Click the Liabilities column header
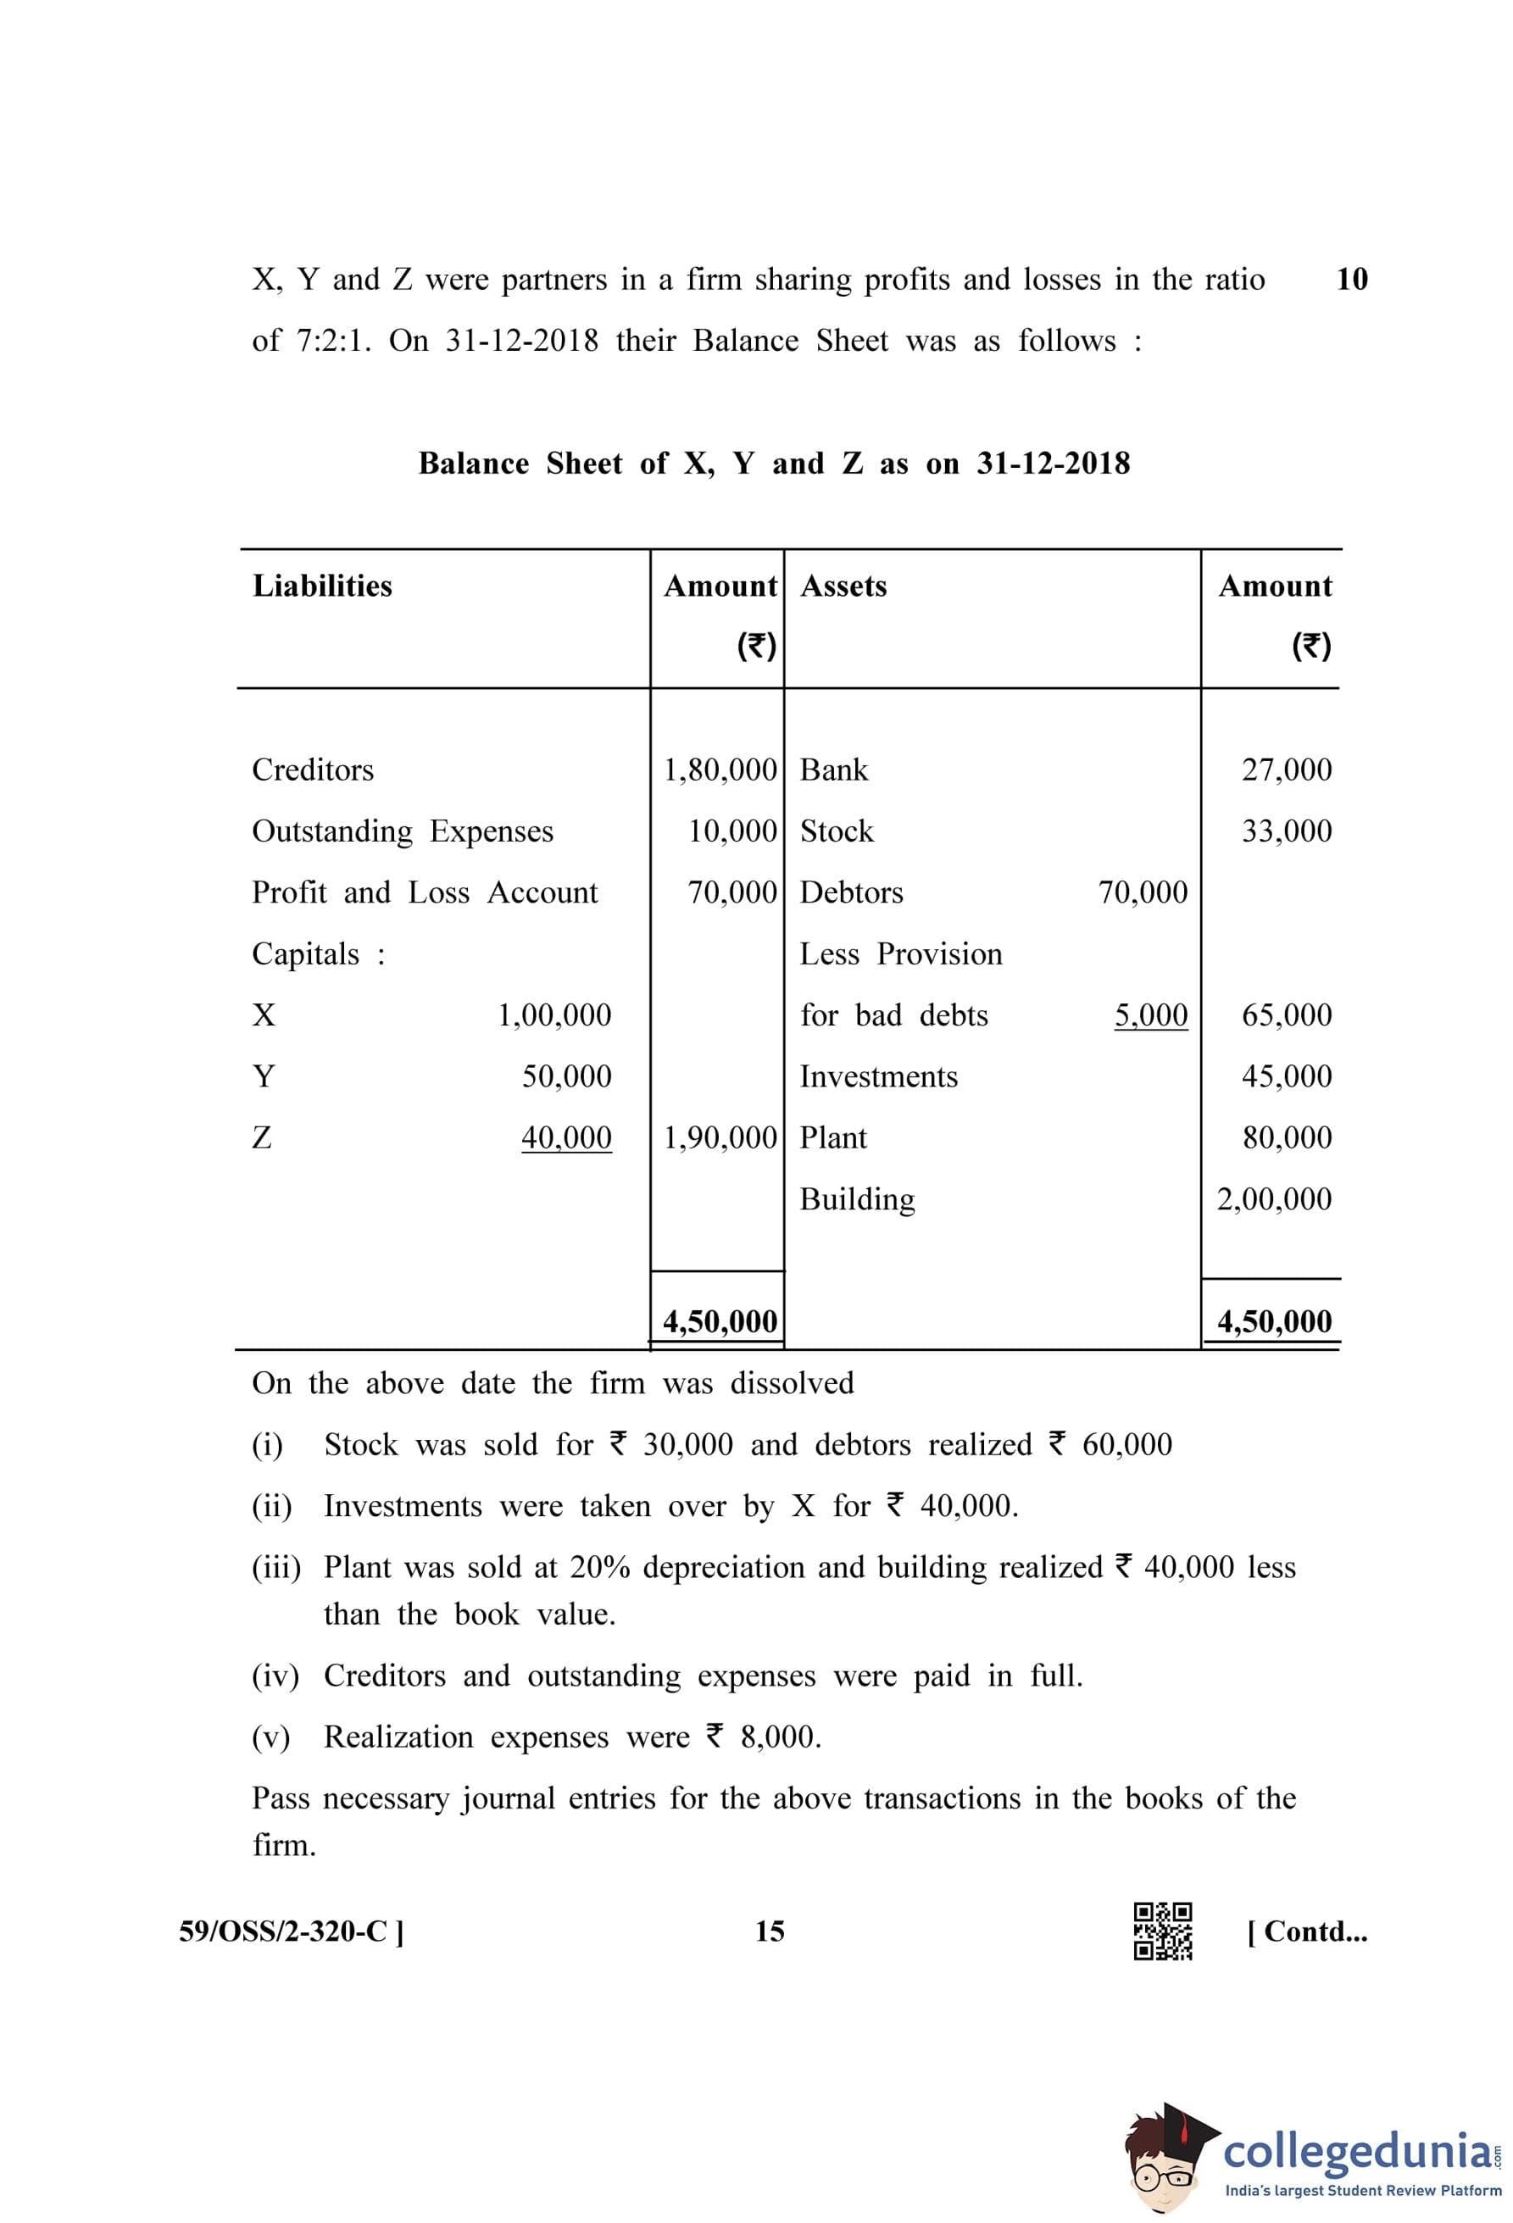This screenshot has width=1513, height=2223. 322,586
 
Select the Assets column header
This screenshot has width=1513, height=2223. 843,586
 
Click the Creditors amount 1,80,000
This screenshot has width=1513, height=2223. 720,770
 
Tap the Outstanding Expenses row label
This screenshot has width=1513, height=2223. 403,831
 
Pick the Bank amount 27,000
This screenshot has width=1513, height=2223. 1287,770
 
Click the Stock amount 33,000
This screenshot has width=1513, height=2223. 1287,831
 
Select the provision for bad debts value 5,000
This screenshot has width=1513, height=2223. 1150,1015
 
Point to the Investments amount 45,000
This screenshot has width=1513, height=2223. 1287,1076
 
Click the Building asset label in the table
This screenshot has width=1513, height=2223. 857,1199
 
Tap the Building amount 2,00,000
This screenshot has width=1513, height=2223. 1274,1199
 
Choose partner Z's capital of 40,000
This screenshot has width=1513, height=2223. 566,1138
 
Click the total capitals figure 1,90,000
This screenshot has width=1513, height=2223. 720,1138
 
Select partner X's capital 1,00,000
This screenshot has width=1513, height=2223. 553,1015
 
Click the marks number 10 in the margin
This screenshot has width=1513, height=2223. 1351,280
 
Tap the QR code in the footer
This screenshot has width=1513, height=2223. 1162,1931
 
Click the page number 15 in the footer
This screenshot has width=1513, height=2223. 769,1931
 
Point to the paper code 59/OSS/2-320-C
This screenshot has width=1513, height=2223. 291,1931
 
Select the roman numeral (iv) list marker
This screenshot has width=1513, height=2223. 275,1676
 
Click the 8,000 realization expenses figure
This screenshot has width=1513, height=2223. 780,1737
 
